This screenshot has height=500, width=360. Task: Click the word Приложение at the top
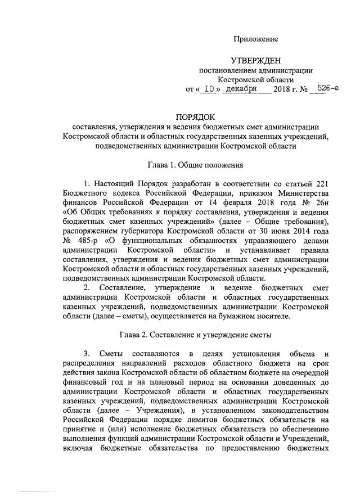pos(256,39)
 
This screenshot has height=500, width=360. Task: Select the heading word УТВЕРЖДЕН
pos(256,60)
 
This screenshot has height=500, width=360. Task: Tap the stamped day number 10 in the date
pos(209,88)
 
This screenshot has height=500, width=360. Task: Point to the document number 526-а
pos(327,88)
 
